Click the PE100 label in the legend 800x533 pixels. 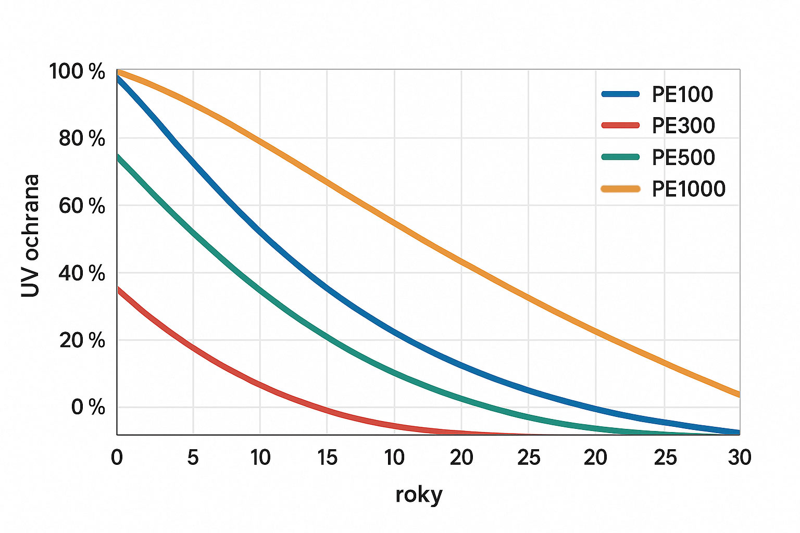(682, 94)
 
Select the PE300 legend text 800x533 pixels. (683, 125)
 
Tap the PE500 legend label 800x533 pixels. (683, 157)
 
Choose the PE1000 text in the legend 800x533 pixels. (689, 189)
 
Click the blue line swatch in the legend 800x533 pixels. (620, 94)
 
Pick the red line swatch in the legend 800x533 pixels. (620, 125)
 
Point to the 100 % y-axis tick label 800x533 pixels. (77, 72)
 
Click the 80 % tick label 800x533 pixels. (82, 139)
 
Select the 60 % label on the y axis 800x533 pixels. (82, 206)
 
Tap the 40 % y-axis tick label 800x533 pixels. (82, 273)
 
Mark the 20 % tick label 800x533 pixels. (82, 340)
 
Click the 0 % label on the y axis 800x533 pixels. (88, 407)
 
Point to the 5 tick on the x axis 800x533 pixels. (193, 458)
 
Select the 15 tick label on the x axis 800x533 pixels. (327, 458)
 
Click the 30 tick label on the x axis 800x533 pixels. (740, 458)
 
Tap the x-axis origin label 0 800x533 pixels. (117, 458)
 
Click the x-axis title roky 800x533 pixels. (419, 494)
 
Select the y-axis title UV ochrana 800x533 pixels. (31, 236)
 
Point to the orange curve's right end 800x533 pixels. (738, 394)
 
